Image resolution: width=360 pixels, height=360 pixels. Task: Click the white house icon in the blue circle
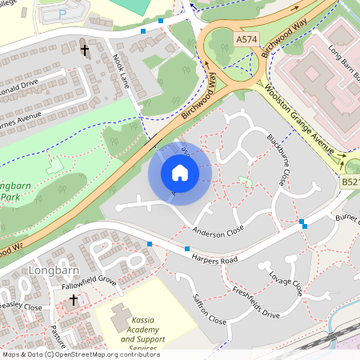pyautogui.click(x=180, y=173)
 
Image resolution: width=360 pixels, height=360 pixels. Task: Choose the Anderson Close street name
pyautogui.click(x=218, y=232)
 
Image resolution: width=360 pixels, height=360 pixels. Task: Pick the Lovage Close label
pyautogui.click(x=286, y=285)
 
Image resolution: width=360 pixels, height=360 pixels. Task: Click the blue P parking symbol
pyautogui.click(x=62, y=14)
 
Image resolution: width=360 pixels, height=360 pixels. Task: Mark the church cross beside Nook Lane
pyautogui.click(x=85, y=50)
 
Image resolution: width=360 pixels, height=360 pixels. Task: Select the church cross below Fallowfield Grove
pyautogui.click(x=74, y=300)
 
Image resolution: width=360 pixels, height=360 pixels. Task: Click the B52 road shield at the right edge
pyautogui.click(x=351, y=183)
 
